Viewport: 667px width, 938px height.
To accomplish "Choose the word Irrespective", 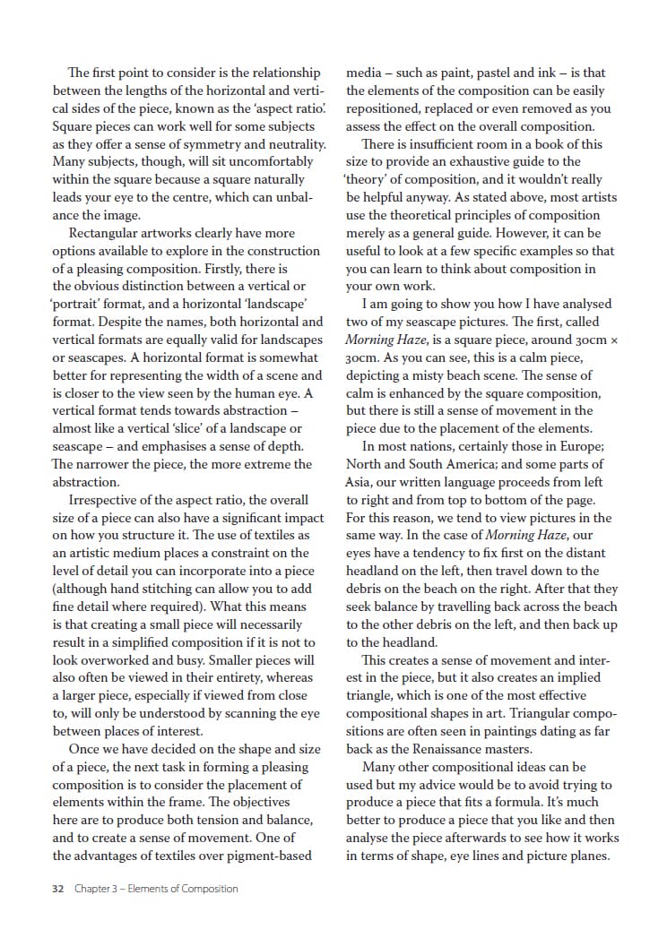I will tap(109, 500).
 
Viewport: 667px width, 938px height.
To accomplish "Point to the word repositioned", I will tap(387, 108).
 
